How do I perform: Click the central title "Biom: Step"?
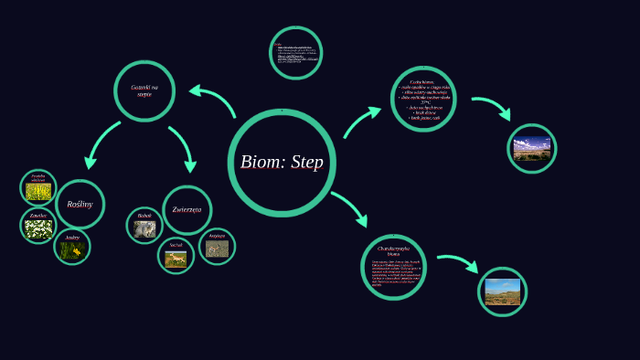tap(282, 163)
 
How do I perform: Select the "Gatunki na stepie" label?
tap(144, 90)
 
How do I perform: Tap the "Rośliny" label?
tap(80, 204)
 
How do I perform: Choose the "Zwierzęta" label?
tap(187, 209)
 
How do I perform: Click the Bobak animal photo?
tap(144, 229)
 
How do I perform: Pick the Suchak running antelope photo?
tap(176, 259)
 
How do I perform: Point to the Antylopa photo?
tap(217, 249)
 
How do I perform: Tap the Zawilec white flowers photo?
tap(38, 229)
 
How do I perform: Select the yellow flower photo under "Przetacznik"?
tap(38, 191)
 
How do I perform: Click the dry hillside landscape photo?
tap(502, 291)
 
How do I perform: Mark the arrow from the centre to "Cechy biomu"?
tap(362, 122)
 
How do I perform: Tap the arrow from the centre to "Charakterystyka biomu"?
tap(350, 208)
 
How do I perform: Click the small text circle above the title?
tap(295, 52)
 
